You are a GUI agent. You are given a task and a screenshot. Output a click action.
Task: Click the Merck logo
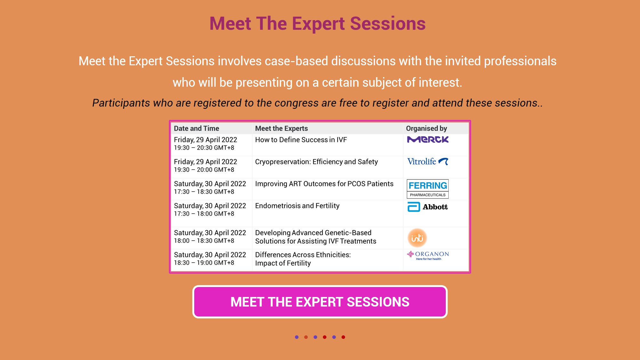(x=428, y=140)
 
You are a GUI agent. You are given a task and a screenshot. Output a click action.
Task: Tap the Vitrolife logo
(x=428, y=162)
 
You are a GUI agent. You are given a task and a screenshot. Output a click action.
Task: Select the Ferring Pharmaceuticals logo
(x=428, y=189)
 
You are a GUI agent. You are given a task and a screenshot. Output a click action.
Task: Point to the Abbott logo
(x=428, y=207)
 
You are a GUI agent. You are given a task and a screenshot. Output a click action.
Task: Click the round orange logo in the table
(x=417, y=238)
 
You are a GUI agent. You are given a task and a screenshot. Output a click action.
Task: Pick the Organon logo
(x=428, y=256)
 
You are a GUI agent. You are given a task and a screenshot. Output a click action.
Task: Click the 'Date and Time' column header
(x=196, y=128)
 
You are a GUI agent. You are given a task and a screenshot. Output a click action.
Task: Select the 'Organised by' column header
(x=427, y=129)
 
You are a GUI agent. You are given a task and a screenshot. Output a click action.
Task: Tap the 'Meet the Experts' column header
(x=282, y=128)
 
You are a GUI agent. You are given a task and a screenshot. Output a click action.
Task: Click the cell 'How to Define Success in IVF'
(x=301, y=140)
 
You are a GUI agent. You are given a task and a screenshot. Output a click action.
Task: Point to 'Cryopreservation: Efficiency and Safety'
(x=316, y=162)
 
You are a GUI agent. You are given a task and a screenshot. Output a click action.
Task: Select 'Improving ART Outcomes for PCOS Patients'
(x=324, y=184)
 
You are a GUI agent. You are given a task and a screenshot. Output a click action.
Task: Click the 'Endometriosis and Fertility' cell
(x=297, y=206)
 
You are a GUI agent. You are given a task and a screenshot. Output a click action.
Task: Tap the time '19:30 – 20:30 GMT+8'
(x=204, y=148)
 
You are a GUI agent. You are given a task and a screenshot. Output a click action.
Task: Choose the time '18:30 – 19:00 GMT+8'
(x=204, y=263)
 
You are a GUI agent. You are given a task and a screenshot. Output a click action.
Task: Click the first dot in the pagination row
(x=297, y=337)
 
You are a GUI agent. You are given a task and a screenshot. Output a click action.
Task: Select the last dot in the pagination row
(x=343, y=337)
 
